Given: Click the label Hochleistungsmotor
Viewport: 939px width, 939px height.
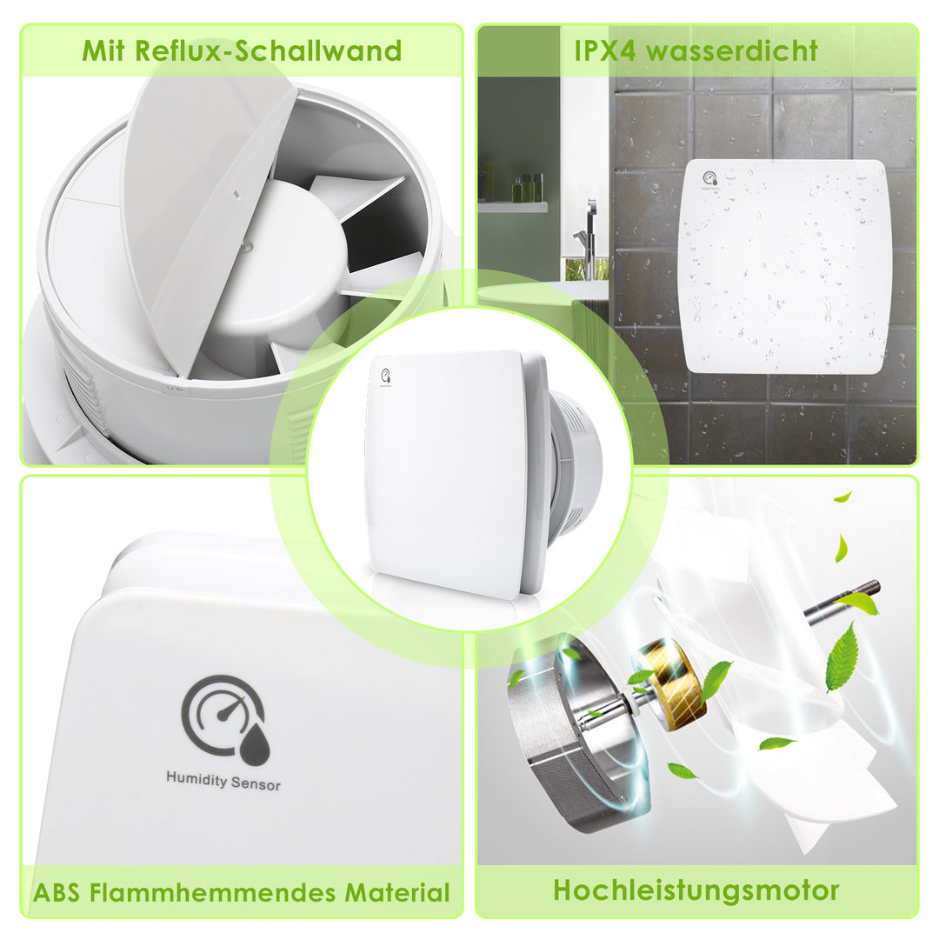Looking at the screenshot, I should (696, 889).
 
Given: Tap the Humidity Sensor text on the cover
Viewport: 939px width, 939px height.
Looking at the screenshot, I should (223, 781).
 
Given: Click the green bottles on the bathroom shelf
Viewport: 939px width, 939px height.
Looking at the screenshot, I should (527, 188).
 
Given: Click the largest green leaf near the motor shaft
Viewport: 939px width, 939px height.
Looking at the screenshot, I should (842, 656).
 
